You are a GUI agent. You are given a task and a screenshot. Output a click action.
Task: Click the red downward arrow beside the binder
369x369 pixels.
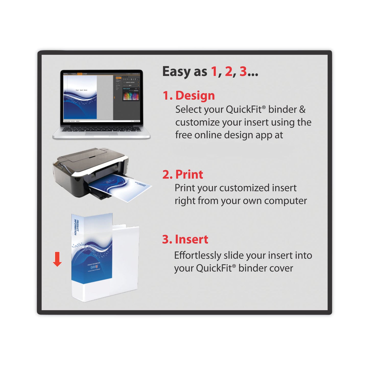click(x=57, y=259)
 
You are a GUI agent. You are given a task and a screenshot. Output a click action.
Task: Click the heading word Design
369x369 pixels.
click(x=195, y=96)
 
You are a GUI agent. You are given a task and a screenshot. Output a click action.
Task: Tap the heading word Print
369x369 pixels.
click(x=189, y=175)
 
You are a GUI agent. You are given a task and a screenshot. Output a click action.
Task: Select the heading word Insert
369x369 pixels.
click(x=192, y=240)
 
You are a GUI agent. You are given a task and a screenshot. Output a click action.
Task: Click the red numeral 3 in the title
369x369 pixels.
click(x=243, y=72)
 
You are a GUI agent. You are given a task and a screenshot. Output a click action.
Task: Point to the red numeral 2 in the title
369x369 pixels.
click(x=229, y=72)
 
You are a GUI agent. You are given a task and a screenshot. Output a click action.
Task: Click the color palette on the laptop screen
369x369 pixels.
click(x=131, y=96)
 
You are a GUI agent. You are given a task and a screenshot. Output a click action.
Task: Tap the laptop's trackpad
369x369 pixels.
click(x=101, y=133)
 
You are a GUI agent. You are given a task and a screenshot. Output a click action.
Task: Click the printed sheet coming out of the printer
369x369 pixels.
click(x=120, y=188)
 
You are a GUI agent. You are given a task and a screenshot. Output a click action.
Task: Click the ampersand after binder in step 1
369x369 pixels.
click(x=302, y=110)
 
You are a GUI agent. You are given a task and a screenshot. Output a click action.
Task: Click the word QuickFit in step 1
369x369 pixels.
click(x=245, y=110)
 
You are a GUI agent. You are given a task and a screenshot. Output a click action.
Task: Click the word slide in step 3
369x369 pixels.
click(x=233, y=255)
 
